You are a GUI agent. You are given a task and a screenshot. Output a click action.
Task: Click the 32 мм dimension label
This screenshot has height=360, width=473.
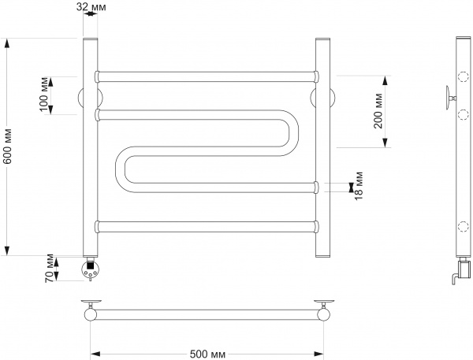89,7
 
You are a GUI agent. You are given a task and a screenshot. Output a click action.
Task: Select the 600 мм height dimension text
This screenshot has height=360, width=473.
8,146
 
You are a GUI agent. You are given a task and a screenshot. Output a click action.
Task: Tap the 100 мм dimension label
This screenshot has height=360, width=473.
45,96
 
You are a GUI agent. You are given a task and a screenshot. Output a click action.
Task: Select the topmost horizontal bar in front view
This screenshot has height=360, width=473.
207,77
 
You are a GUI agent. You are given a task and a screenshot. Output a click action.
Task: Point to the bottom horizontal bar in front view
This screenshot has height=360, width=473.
207,227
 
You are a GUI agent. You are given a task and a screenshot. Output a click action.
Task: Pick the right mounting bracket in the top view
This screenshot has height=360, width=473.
323,304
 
